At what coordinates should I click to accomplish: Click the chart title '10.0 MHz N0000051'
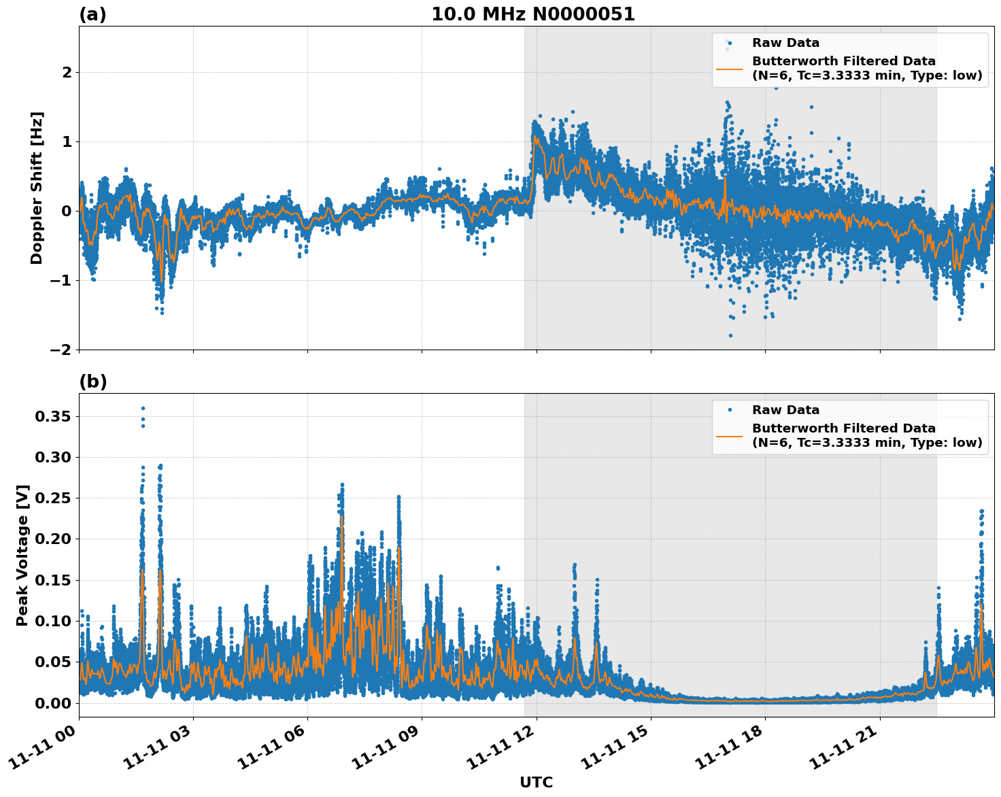point(532,14)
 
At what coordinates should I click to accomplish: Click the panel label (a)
point(92,14)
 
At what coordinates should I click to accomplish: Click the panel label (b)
point(92,381)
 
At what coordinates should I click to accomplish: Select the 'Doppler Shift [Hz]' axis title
point(37,188)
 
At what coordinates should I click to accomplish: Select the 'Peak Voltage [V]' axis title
point(22,555)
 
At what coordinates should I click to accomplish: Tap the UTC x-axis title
point(536,782)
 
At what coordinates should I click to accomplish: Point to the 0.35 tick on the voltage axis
point(52,416)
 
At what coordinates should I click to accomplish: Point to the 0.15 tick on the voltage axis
point(52,580)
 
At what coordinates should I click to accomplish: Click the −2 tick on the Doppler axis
point(61,350)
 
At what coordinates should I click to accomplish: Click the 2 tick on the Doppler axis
point(66,72)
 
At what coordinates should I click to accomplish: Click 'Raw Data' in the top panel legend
point(785,43)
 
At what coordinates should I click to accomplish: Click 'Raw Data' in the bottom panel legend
point(785,410)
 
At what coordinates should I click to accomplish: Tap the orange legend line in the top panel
point(729,69)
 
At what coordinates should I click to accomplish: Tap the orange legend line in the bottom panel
point(729,436)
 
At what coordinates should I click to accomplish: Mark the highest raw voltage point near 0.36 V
point(143,408)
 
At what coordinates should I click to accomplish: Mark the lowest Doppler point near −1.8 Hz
point(730,335)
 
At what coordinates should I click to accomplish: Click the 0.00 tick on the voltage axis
point(52,702)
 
